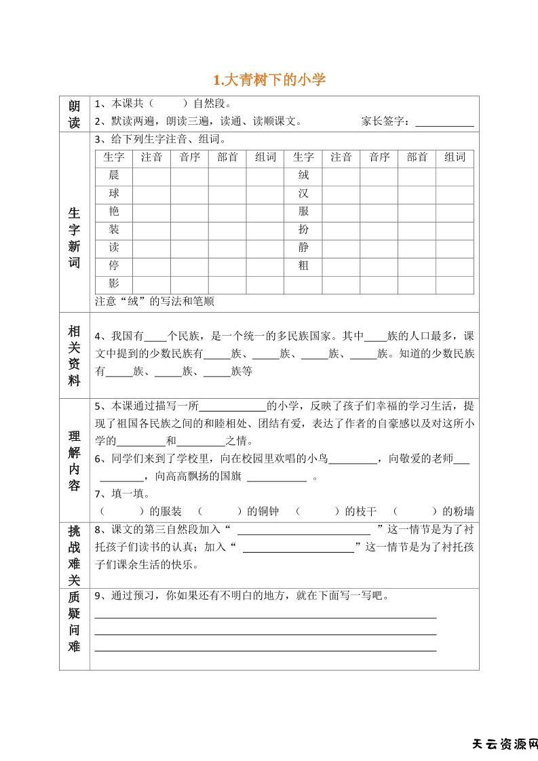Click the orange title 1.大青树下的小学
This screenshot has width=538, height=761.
(x=269, y=80)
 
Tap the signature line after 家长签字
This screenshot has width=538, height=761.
(x=444, y=123)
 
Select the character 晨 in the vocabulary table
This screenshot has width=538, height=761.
(x=114, y=175)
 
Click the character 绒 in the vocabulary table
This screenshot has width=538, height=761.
(x=303, y=175)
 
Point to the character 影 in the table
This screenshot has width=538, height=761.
(x=114, y=284)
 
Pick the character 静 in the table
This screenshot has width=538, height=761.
(x=303, y=248)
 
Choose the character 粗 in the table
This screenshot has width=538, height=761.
(x=303, y=266)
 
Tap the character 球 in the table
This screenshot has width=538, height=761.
(x=114, y=193)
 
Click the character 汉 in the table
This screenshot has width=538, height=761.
(x=303, y=193)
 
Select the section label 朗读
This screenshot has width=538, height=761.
(x=74, y=114)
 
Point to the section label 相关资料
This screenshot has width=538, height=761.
(x=74, y=355)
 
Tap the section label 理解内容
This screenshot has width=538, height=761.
(x=74, y=460)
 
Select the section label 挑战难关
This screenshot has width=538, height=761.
(x=74, y=554)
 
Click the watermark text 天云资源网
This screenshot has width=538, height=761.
(x=504, y=744)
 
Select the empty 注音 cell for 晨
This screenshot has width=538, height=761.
(x=151, y=175)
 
